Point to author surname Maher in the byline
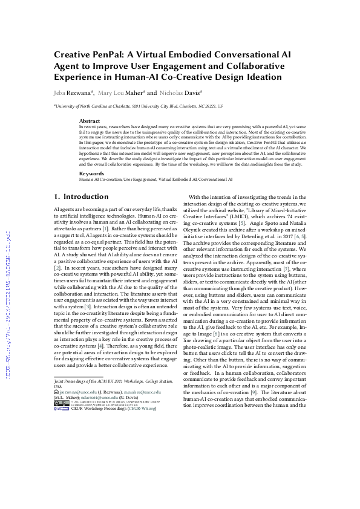point(132,94)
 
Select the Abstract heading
point(90,121)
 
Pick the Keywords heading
point(91,157)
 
